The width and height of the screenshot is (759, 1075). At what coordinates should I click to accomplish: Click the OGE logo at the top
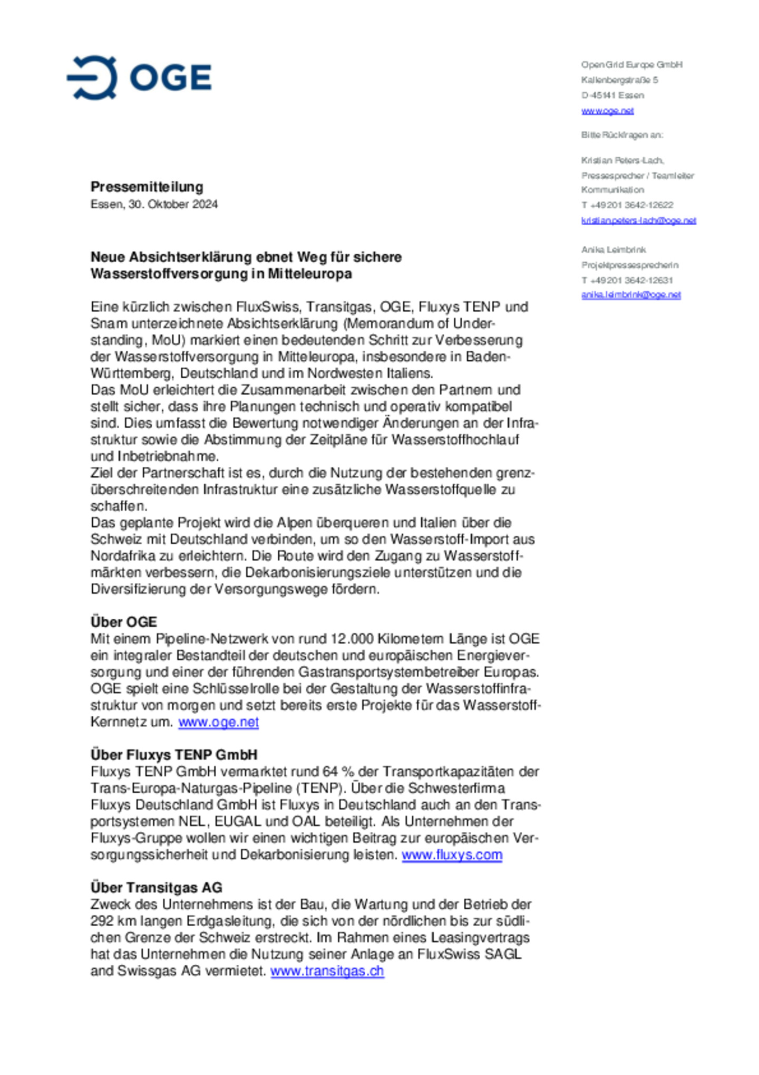click(x=139, y=78)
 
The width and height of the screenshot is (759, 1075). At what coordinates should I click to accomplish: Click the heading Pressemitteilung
click(x=147, y=187)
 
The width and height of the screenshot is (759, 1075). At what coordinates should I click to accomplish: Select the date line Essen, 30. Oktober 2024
click(x=154, y=204)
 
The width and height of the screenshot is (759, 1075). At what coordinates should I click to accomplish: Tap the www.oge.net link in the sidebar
click(x=607, y=111)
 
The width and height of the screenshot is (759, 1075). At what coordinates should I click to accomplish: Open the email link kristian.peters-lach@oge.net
click(x=638, y=220)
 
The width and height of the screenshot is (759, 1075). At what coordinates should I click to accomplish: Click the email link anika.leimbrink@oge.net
click(x=631, y=295)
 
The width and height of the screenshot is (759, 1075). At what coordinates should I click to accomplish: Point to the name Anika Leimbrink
click(x=614, y=249)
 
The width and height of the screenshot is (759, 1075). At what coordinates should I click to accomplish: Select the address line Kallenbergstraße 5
click(x=619, y=80)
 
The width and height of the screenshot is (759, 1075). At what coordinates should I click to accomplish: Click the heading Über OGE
click(x=124, y=622)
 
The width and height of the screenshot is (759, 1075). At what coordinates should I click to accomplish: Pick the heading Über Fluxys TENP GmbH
click(x=174, y=755)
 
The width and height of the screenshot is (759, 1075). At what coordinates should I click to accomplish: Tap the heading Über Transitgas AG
click(x=156, y=888)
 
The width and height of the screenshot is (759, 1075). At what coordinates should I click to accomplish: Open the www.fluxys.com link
click(x=452, y=855)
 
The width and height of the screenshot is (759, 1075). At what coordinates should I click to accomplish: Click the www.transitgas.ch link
click(x=327, y=971)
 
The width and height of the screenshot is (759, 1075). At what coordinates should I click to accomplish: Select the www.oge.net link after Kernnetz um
click(x=218, y=722)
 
